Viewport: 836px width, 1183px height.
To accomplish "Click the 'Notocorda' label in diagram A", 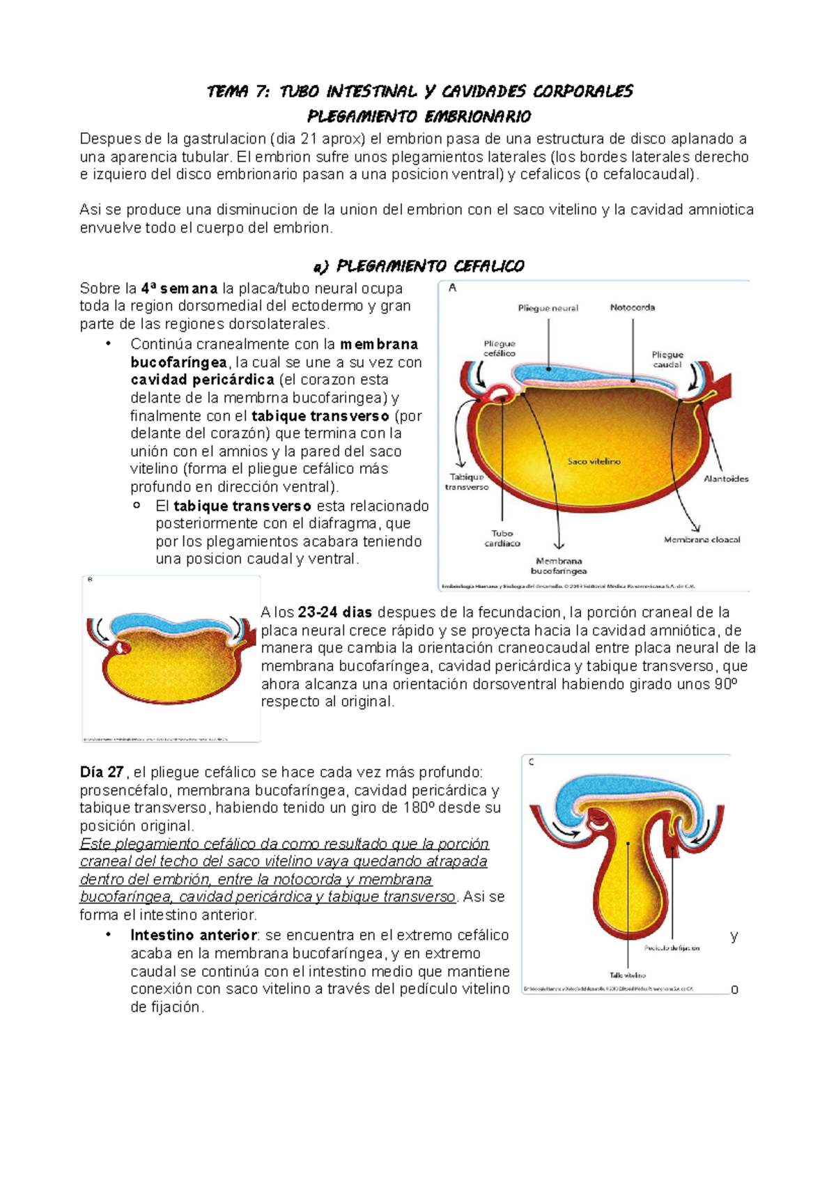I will [x=632, y=307].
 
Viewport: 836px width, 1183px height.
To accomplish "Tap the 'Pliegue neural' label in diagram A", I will [x=548, y=308].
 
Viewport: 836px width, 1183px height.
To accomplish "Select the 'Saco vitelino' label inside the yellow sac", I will [x=594, y=461].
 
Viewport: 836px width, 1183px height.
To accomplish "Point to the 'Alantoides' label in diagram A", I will [x=726, y=479].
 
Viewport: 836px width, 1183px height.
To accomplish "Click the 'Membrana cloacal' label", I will [x=702, y=539].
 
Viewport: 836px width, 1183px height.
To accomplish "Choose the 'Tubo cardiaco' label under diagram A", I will [x=502, y=539].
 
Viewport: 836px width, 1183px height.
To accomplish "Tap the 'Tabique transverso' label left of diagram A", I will [x=467, y=482].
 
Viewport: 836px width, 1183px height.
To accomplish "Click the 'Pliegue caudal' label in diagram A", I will [x=667, y=359].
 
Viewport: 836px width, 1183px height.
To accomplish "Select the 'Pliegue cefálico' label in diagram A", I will [x=500, y=348].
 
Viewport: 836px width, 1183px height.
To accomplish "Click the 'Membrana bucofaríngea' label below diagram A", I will [x=559, y=566].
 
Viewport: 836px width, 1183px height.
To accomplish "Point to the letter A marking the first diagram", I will [x=453, y=288].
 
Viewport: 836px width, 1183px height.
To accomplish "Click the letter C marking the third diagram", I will [x=532, y=762].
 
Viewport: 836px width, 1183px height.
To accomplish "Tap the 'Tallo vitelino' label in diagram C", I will [x=628, y=975].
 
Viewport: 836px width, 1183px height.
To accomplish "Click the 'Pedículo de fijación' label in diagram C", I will [x=672, y=948].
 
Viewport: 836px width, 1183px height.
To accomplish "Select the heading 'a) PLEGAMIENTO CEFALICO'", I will [x=419, y=266].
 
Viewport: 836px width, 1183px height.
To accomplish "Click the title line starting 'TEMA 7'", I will [x=419, y=91].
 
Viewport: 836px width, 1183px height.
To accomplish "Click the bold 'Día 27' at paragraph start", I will [x=102, y=772].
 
